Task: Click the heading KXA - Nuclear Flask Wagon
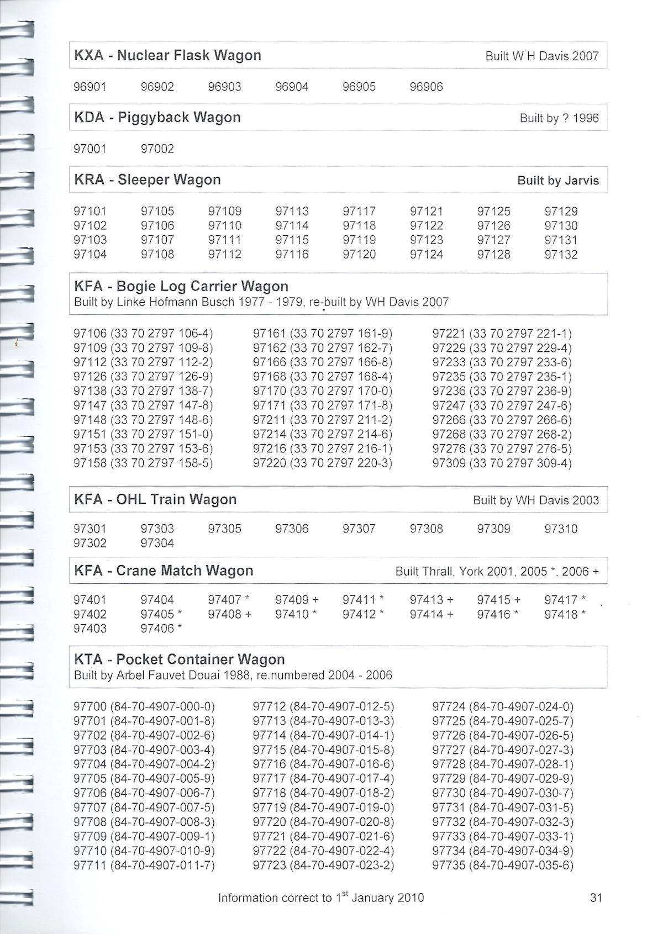click(167, 55)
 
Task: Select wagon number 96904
click(292, 87)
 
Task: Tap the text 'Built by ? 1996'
click(559, 118)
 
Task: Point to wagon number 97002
click(157, 149)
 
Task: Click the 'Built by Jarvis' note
click(557, 181)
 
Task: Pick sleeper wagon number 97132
click(561, 255)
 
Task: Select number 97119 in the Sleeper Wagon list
click(359, 240)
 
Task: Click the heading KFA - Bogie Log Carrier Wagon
click(181, 286)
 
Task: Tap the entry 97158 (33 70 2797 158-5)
click(143, 463)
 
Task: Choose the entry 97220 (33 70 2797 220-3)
click(323, 463)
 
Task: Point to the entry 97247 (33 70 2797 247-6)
click(502, 405)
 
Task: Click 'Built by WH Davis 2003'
click(535, 500)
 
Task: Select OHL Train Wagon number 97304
click(157, 543)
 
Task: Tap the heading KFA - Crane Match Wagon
click(164, 571)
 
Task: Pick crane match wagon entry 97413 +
click(432, 600)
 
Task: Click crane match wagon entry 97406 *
click(161, 629)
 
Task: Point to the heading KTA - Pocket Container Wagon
click(180, 659)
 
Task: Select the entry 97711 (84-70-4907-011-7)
click(144, 865)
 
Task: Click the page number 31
click(596, 898)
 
